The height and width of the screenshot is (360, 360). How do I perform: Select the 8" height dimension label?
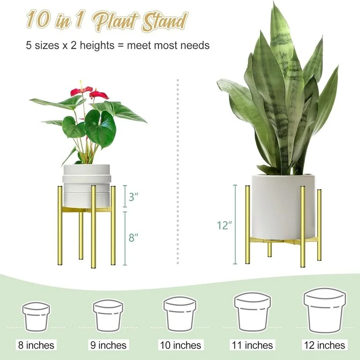(132, 238)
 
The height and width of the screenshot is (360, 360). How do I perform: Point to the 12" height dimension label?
(224, 225)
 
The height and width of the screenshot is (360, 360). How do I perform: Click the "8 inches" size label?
(36, 345)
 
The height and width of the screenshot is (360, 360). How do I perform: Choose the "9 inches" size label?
(108, 345)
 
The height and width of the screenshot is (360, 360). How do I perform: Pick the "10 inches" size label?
(180, 345)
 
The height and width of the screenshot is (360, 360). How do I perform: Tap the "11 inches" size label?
(252, 345)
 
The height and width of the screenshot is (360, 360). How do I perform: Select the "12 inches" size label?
(324, 345)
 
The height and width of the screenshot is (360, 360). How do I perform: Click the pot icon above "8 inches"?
(36, 315)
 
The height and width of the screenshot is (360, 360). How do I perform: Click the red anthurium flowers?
(90, 92)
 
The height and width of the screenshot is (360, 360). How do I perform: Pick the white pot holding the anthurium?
(86, 184)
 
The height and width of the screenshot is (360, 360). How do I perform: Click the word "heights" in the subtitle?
(95, 45)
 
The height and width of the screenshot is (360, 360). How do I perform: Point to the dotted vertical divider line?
(178, 171)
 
